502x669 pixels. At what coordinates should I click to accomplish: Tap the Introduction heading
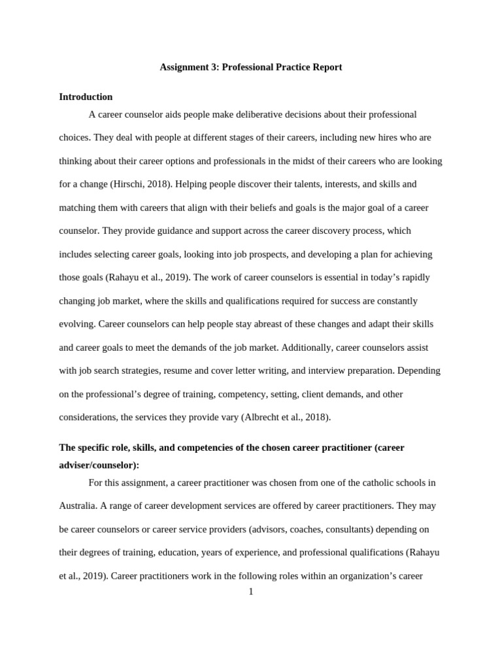click(x=86, y=97)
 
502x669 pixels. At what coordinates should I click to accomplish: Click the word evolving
click(x=76, y=324)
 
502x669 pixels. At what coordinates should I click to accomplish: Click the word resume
click(x=177, y=370)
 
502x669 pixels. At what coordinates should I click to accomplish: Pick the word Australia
click(x=77, y=506)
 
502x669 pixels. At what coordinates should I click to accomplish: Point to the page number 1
click(x=250, y=592)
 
